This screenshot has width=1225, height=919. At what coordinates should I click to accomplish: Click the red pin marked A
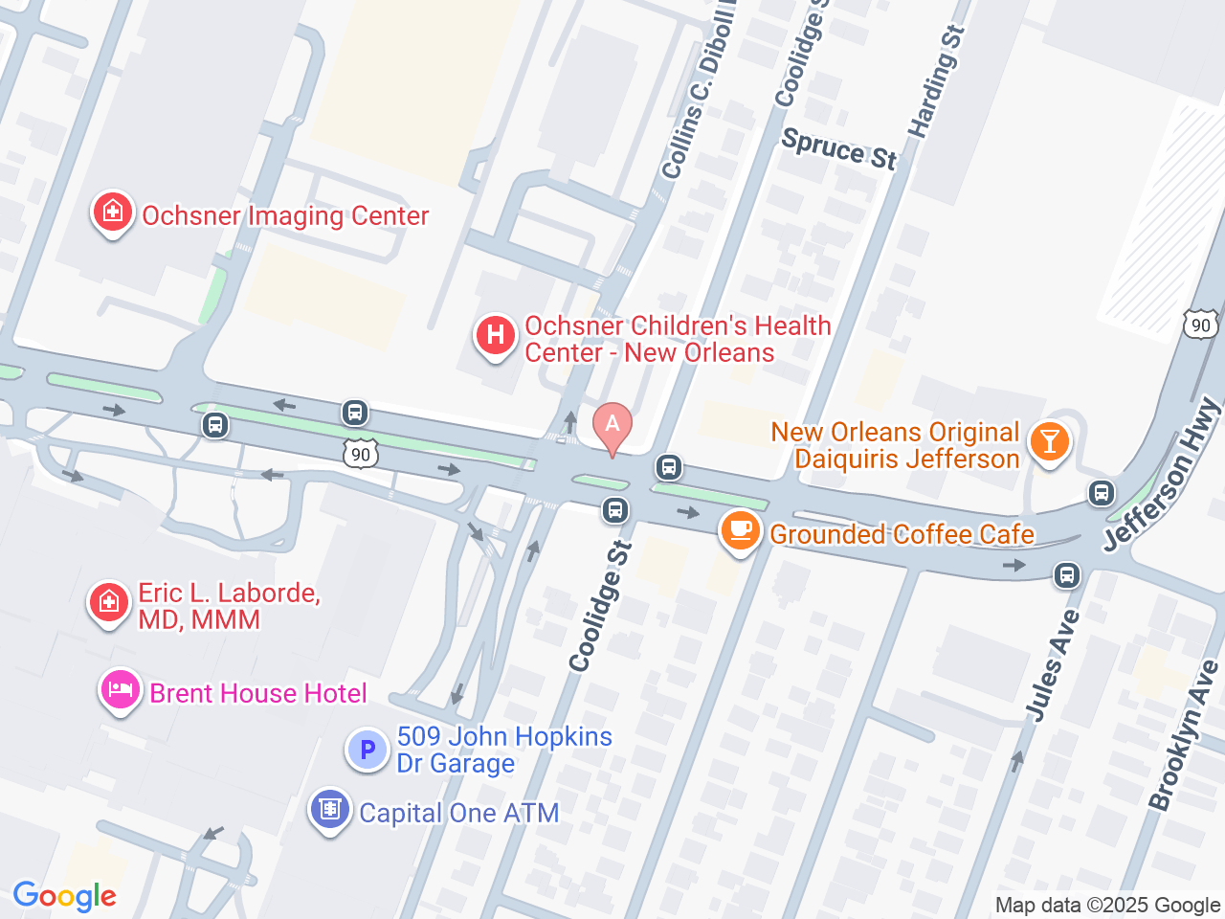pyautogui.click(x=612, y=426)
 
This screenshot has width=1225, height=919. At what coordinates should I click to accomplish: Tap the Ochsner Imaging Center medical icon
pyautogui.click(x=112, y=212)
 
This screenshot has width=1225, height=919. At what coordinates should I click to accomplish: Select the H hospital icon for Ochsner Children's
pyautogui.click(x=496, y=336)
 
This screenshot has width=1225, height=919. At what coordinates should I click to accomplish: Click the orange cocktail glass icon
pyautogui.click(x=1049, y=442)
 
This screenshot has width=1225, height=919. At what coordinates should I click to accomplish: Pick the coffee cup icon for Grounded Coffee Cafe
pyautogui.click(x=740, y=530)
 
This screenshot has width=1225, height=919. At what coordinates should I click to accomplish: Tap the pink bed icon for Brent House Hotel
pyautogui.click(x=121, y=689)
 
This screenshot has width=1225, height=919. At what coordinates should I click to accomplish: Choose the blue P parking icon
pyautogui.click(x=367, y=750)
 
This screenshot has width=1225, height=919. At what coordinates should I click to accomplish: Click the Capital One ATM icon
pyautogui.click(x=330, y=810)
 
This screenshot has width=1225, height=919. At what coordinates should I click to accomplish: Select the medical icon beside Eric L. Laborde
pyautogui.click(x=108, y=603)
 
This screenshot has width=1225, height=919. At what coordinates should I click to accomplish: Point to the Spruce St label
pyautogui.click(x=839, y=149)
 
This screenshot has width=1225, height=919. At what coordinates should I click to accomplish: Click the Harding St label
pyautogui.click(x=936, y=82)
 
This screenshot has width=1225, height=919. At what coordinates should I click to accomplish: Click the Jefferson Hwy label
pyautogui.click(x=1162, y=476)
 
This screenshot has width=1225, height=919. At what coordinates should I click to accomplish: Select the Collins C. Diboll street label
pyautogui.click(x=698, y=97)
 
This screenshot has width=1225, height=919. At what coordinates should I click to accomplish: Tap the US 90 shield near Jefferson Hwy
pyautogui.click(x=1200, y=324)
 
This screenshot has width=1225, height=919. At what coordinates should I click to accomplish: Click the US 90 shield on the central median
pyautogui.click(x=361, y=453)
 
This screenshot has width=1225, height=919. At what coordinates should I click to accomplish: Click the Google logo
pyautogui.click(x=64, y=896)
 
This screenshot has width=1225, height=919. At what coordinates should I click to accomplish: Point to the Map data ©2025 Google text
pyautogui.click(x=1107, y=905)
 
